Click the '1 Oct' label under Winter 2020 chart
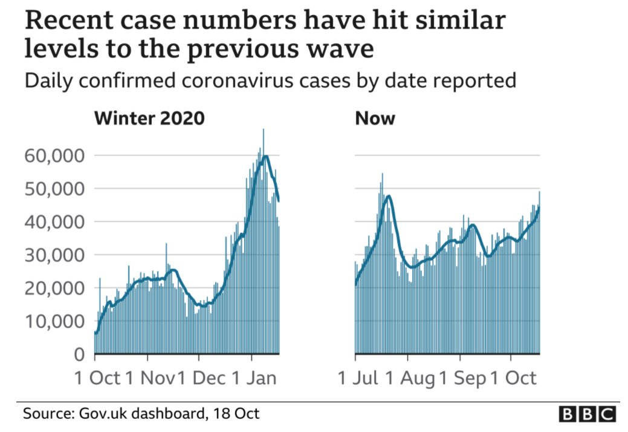pyautogui.click(x=97, y=378)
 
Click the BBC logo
pyautogui.click(x=586, y=414)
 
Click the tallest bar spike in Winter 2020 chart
pyautogui.click(x=263, y=131)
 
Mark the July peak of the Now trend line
pyautogui.click(x=389, y=195)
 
